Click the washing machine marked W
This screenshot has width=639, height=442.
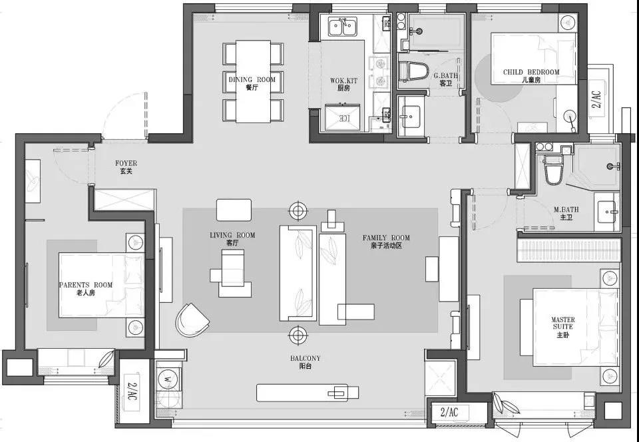167,379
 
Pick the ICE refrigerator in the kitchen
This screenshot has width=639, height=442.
343,118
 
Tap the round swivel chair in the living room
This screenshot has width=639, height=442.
192,320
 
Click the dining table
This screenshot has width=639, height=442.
253,81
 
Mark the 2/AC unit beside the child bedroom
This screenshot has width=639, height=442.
596,99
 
